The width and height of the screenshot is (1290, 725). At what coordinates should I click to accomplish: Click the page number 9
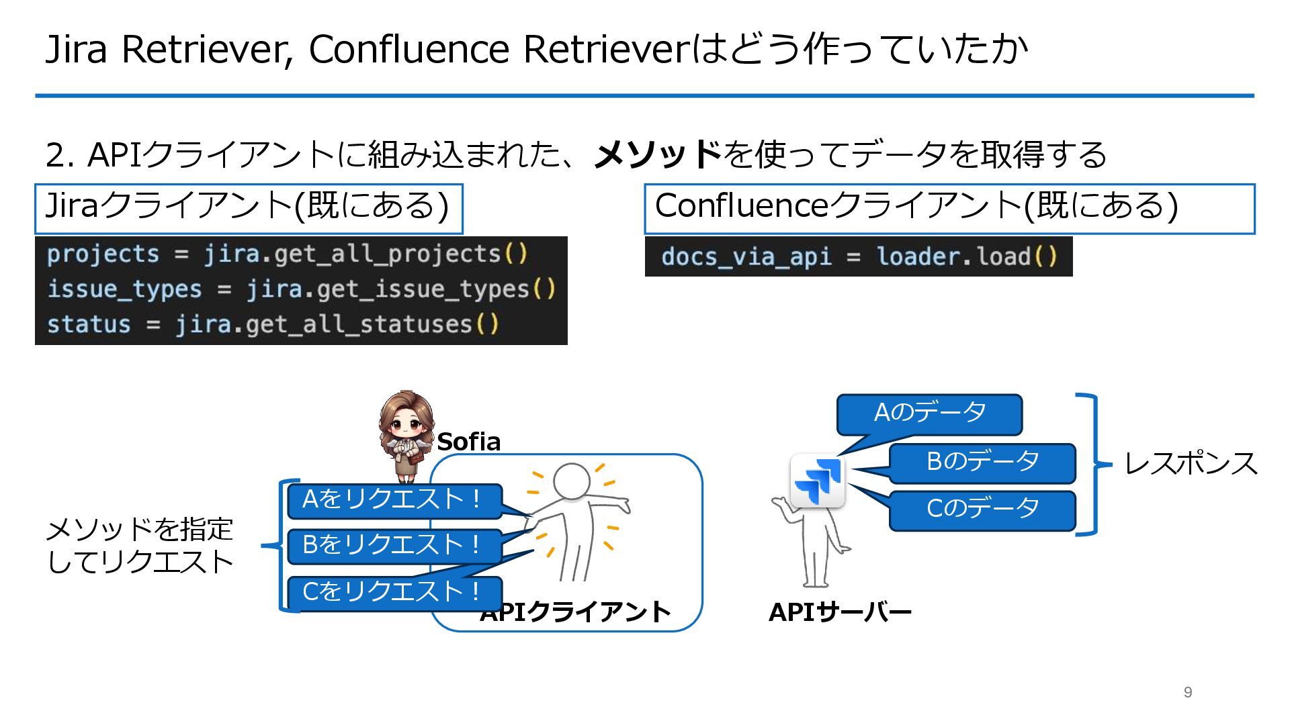(x=1187, y=692)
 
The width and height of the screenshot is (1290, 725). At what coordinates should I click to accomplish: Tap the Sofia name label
(x=468, y=442)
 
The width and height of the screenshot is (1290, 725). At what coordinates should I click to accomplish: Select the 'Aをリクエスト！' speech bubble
(x=394, y=500)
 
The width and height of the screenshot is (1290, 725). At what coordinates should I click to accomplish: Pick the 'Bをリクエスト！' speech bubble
(x=394, y=545)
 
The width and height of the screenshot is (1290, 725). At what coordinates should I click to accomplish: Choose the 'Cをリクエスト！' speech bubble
(x=394, y=592)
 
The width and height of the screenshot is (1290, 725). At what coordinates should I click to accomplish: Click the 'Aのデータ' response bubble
(x=929, y=413)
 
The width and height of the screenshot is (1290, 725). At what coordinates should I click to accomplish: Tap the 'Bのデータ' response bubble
(x=982, y=462)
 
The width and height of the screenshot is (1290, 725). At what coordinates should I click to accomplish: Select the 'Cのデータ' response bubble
(x=982, y=509)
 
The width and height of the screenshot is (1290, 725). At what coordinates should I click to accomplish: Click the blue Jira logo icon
(x=817, y=481)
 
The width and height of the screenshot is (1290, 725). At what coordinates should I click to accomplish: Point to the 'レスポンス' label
(x=1190, y=464)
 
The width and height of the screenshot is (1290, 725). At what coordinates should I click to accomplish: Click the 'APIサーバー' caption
(x=840, y=612)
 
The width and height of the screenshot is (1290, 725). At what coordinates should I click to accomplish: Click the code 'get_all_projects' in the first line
(x=388, y=254)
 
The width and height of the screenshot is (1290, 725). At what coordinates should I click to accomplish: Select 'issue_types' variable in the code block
(x=124, y=289)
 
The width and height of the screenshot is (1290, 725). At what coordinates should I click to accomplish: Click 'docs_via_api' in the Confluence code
(x=746, y=257)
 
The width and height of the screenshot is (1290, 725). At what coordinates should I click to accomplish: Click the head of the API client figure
(x=571, y=481)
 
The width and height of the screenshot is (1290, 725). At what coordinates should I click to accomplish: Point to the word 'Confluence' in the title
(x=408, y=49)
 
